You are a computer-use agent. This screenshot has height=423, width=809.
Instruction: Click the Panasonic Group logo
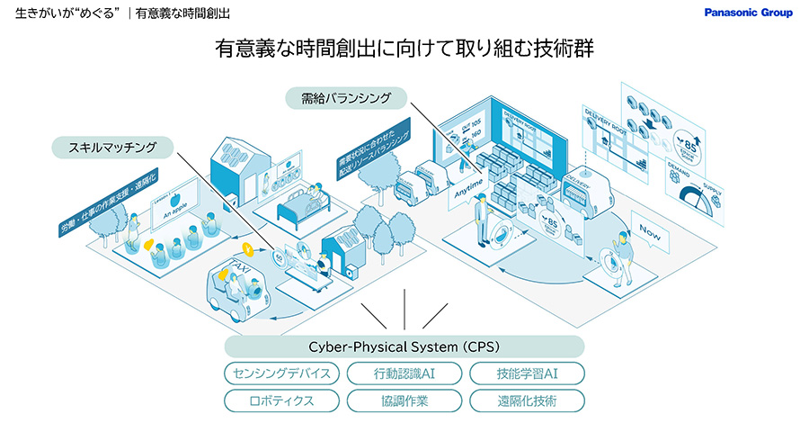748,13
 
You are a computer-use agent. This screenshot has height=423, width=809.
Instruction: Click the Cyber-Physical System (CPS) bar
404,346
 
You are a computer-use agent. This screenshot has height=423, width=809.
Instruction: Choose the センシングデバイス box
282,373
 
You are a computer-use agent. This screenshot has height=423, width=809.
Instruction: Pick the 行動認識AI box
404,373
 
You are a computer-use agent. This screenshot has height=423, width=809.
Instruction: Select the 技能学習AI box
527,373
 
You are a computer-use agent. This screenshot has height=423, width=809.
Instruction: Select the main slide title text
404,49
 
